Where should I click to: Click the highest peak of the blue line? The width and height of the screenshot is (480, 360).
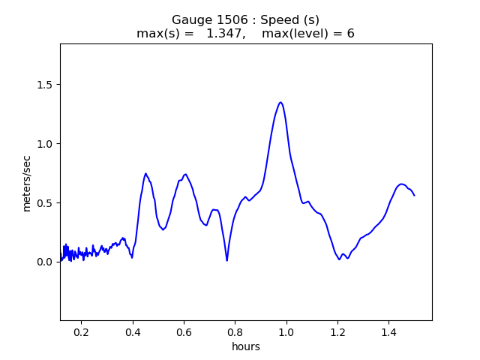click(280, 102)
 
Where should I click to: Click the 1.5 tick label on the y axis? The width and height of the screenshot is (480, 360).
click(45, 85)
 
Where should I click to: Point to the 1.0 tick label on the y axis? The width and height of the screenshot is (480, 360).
click(45, 144)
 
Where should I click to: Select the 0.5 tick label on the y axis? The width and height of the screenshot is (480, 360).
click(45, 203)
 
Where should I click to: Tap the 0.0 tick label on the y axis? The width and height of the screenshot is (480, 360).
click(45, 262)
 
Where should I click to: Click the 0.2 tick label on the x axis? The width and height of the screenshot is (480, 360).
click(82, 332)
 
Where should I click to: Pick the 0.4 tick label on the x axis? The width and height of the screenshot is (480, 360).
click(133, 332)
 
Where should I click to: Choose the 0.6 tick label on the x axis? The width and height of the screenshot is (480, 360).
click(184, 332)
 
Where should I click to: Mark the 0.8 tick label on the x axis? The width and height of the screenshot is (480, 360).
click(235, 332)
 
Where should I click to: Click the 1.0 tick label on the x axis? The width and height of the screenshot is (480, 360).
click(286, 332)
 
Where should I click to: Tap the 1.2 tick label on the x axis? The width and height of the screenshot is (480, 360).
click(337, 332)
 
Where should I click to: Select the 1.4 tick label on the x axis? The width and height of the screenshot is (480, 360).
click(388, 332)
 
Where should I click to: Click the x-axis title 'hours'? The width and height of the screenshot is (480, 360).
click(246, 346)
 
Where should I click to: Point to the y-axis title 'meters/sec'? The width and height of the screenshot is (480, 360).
click(27, 184)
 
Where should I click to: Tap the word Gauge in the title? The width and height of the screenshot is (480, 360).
click(192, 20)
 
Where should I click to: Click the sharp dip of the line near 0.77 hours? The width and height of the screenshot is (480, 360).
click(226, 260)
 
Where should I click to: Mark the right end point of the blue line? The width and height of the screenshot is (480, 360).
click(415, 195)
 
